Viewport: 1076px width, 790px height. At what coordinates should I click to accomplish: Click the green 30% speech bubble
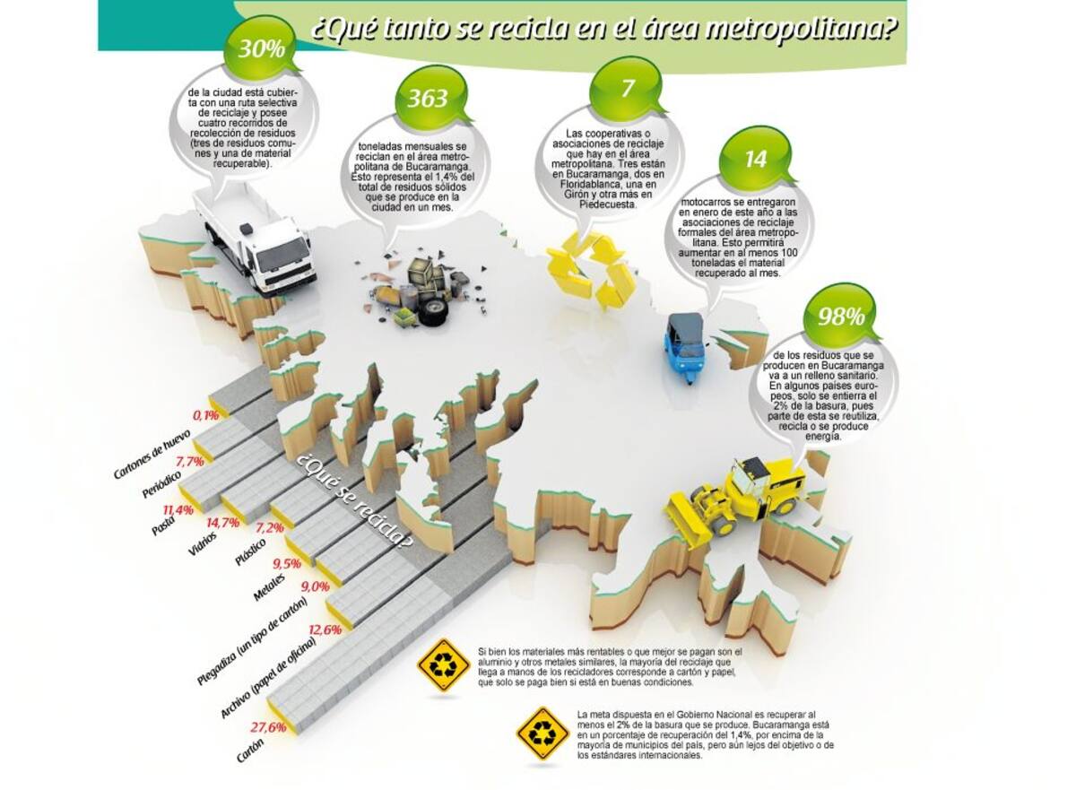coord(261,48)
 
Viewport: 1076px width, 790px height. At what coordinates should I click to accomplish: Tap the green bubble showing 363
coord(429,98)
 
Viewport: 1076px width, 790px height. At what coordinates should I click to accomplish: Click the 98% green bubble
coord(838,317)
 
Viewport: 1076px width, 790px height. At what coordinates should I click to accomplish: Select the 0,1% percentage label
coord(206,415)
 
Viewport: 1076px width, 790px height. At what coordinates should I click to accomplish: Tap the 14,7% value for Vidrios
coord(223,522)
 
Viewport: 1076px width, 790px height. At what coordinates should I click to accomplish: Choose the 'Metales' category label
coord(269,588)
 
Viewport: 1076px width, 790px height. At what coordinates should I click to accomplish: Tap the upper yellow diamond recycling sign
coord(444,664)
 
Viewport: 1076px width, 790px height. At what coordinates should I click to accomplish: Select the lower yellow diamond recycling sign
coord(542,733)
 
